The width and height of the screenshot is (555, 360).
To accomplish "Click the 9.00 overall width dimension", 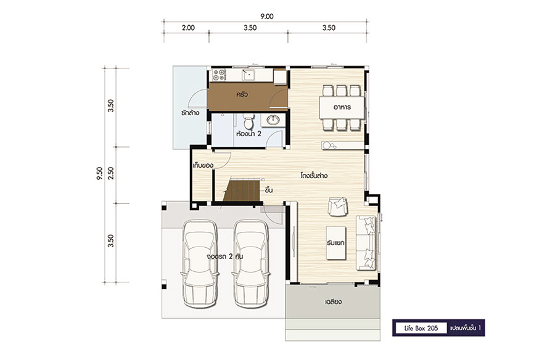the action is point(266,16).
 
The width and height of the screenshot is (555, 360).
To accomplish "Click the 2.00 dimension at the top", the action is point(188,28).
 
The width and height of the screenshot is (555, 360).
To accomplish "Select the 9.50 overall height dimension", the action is point(99,173).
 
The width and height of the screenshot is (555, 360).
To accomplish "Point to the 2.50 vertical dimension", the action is point(111,173).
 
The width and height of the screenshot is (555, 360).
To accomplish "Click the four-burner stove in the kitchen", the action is point(219,75).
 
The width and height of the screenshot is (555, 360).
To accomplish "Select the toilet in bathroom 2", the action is point(249,121).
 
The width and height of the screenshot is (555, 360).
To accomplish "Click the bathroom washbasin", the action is point(273,120).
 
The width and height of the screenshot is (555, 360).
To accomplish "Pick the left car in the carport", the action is point(199,264).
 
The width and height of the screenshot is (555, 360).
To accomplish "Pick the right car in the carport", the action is point(250,264).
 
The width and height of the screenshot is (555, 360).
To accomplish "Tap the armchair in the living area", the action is point(338,207).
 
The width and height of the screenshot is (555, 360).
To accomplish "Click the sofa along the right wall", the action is point(366,243).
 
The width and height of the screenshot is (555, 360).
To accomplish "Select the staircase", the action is point(243,190).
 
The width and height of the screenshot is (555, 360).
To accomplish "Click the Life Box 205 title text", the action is point(421,328).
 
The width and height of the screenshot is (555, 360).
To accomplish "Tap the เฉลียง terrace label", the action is point(333,302).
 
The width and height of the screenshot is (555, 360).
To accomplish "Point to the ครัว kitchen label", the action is point(242,94).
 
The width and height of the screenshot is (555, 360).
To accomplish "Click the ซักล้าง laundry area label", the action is point(190,113).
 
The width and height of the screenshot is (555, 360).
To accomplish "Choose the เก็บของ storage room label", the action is point(203,165).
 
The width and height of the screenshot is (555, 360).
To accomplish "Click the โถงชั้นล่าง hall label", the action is point(314,175).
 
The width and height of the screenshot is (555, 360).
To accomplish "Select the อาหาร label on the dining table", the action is point(342,107).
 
